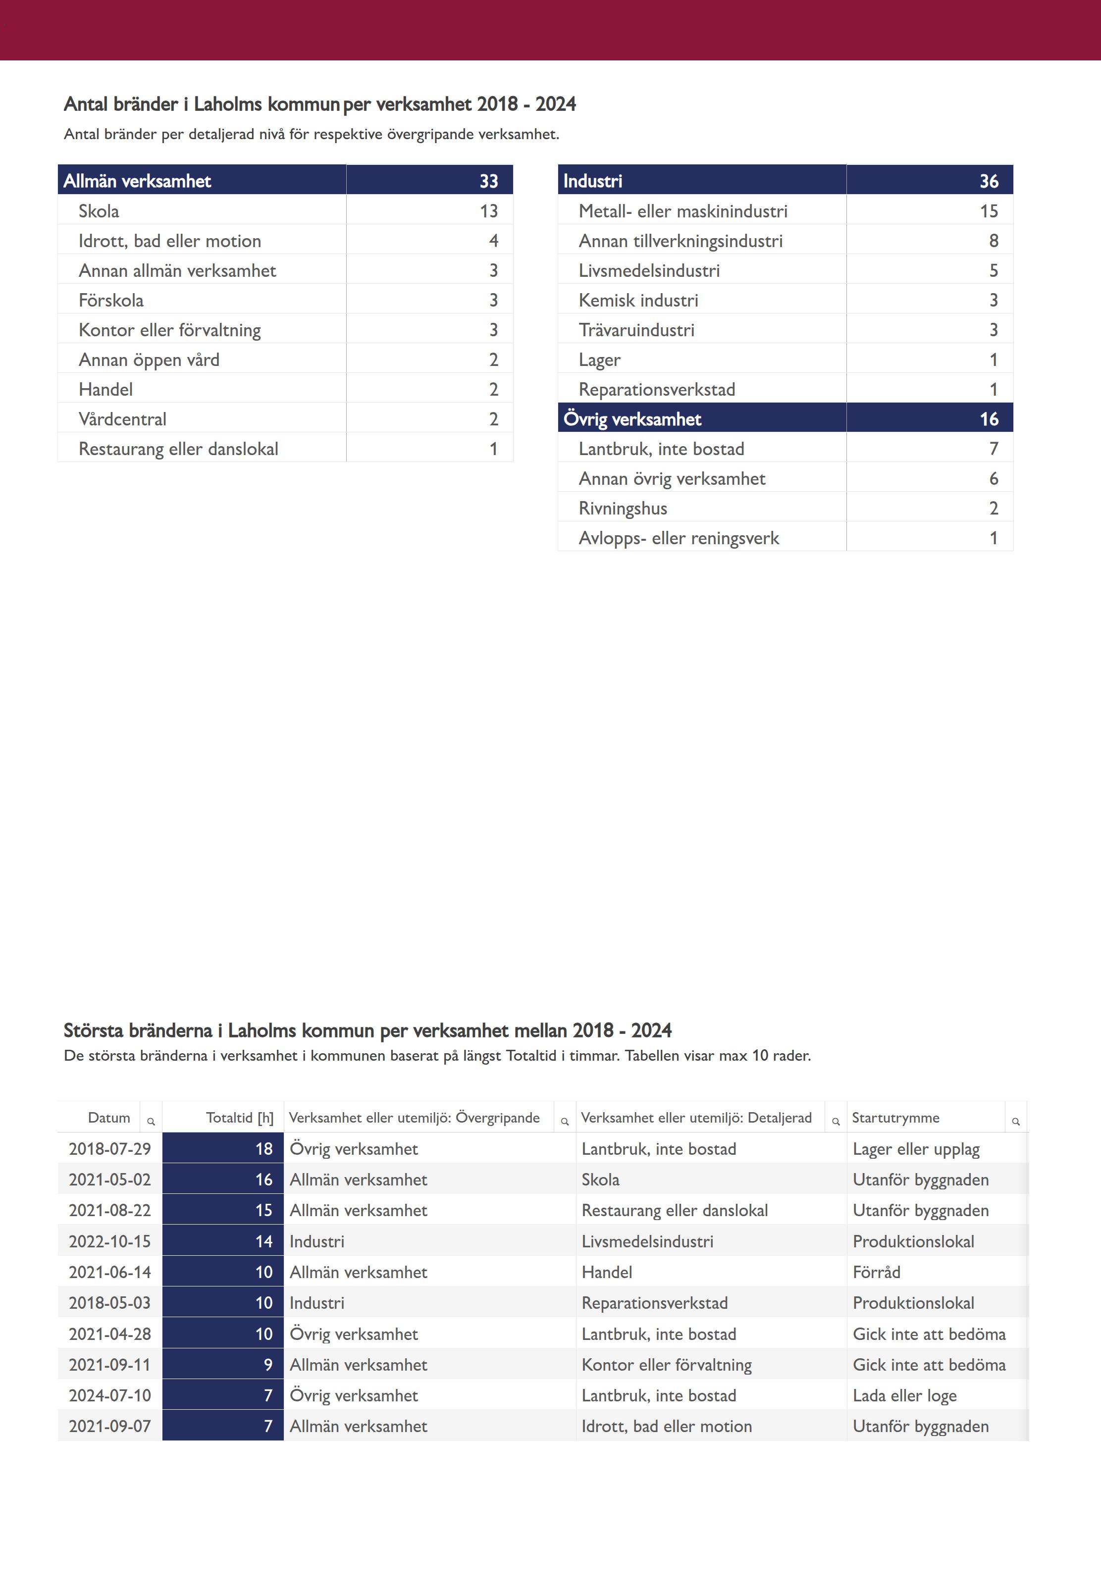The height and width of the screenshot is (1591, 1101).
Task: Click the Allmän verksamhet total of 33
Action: point(488,181)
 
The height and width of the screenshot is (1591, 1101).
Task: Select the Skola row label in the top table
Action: point(99,211)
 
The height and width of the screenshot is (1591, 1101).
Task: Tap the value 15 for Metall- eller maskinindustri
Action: point(989,211)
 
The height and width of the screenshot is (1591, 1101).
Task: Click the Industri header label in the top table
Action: point(592,181)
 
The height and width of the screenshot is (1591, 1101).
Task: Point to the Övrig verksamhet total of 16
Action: point(989,418)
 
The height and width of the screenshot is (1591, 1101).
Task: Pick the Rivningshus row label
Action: point(623,508)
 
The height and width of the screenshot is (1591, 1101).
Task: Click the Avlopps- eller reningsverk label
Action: point(679,538)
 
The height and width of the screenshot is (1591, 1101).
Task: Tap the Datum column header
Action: point(109,1117)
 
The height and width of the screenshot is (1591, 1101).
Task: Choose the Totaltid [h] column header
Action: point(239,1117)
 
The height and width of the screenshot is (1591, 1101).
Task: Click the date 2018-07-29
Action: point(109,1149)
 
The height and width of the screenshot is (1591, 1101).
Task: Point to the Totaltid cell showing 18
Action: point(263,1149)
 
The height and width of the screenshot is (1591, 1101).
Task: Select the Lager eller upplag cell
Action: point(915,1149)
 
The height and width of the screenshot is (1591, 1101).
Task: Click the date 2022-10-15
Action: point(109,1241)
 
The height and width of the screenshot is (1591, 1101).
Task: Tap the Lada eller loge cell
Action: point(904,1395)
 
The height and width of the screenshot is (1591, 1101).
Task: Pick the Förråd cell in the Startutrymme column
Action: point(876,1272)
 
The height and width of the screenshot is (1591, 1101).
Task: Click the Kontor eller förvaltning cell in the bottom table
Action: point(667,1365)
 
